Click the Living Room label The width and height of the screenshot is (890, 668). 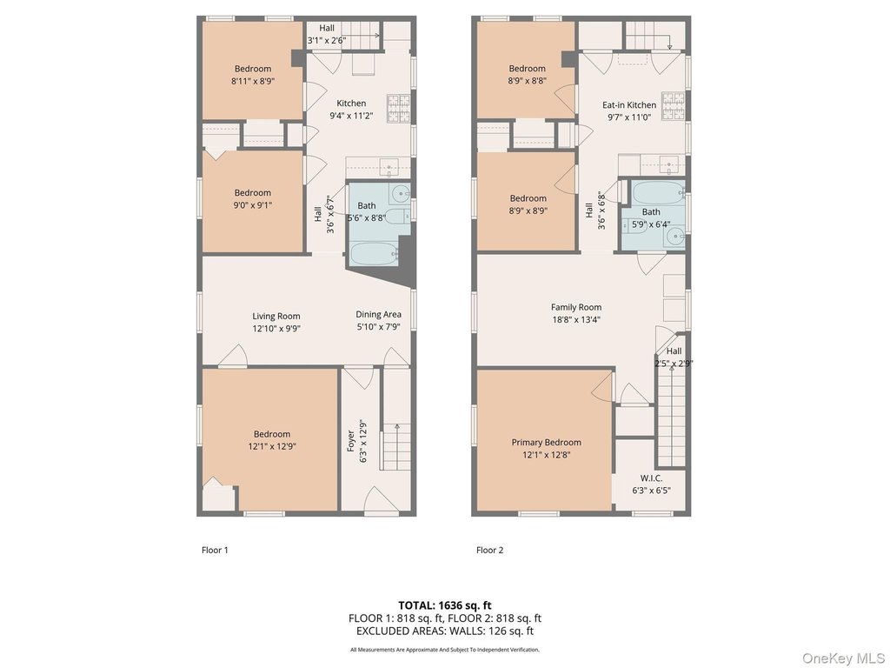click(276, 317)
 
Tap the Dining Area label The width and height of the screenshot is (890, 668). click(379, 315)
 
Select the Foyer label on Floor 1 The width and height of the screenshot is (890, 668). click(351, 441)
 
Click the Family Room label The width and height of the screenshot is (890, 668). click(576, 307)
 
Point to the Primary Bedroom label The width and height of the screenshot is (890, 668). click(546, 443)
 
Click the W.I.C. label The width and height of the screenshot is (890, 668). click(651, 478)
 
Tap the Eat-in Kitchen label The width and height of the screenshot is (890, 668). click(629, 105)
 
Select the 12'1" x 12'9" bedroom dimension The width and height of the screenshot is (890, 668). click(272, 446)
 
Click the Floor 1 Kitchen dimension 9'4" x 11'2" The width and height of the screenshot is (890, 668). click(351, 116)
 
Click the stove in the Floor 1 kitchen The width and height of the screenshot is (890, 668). click(398, 109)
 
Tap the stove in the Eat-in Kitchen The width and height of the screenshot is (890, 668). click(674, 106)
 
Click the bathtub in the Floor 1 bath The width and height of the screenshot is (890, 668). click(373, 254)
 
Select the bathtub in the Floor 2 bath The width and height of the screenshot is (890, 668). click(659, 193)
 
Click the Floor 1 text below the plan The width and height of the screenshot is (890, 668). click(215, 550)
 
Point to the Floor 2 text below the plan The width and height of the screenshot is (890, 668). click(490, 550)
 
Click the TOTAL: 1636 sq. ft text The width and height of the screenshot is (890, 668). click(444, 605)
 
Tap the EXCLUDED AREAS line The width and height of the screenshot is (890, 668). click(445, 631)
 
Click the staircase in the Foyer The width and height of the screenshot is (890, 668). click(396, 446)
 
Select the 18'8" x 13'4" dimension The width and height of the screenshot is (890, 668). click(576, 320)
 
